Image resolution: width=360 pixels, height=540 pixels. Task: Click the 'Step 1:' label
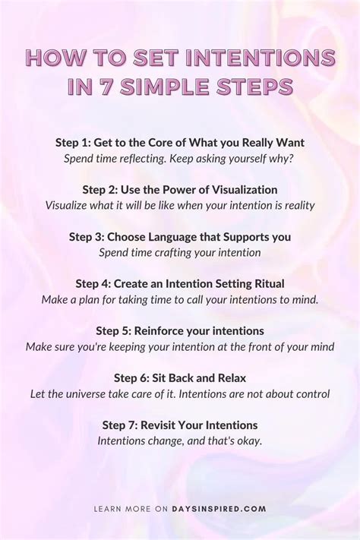[x=73, y=142]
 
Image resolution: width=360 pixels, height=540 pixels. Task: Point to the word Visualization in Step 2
[x=239, y=189]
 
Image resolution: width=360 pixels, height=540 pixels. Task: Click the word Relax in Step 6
[x=230, y=378]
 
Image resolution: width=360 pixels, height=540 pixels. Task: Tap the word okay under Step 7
[x=248, y=441]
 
